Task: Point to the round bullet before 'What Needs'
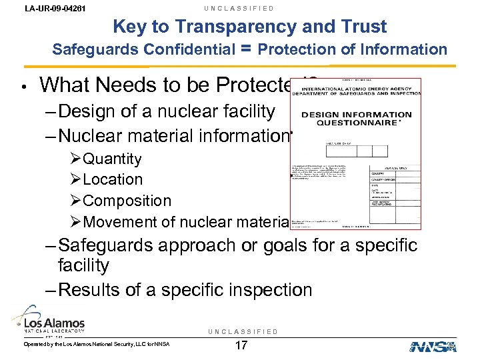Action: (x=22, y=87)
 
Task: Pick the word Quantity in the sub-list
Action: (x=111, y=159)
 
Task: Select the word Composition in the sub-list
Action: (x=127, y=201)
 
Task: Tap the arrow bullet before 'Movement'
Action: (x=75, y=222)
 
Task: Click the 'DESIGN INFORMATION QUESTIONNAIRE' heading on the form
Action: (x=357, y=119)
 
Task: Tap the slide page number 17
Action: (x=241, y=346)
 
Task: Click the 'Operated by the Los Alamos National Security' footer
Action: (x=97, y=344)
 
